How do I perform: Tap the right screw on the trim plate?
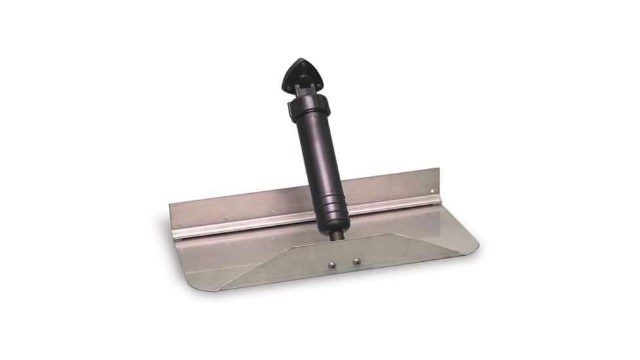pos(357,261)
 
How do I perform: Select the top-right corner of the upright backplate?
pos(442,168)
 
